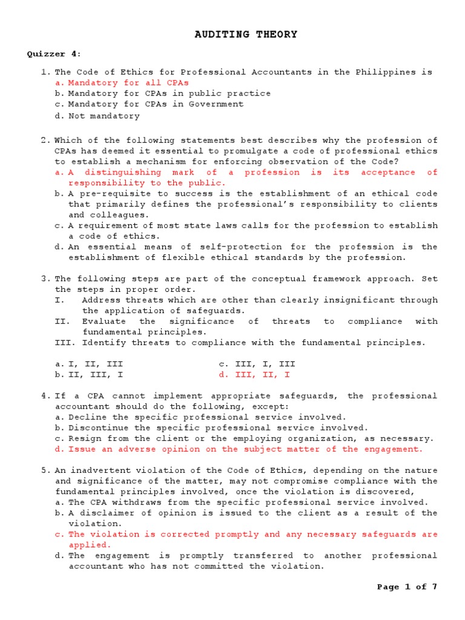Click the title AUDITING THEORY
pos(246,35)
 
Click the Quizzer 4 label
pos(54,54)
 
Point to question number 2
pos(45,140)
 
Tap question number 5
pos(45,470)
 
